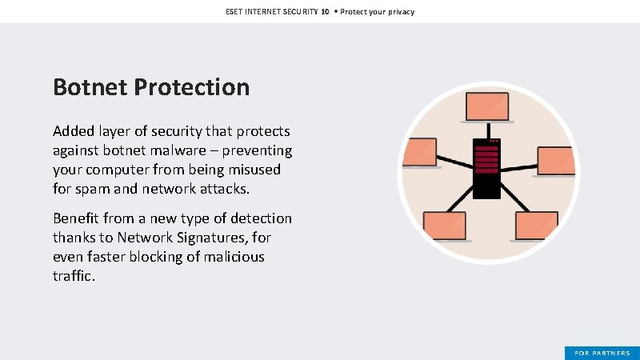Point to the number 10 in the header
(x=326, y=12)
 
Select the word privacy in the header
(x=399, y=12)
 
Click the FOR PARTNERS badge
(x=602, y=353)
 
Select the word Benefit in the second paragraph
(x=78, y=218)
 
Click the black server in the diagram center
(x=486, y=168)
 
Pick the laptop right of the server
(x=556, y=161)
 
